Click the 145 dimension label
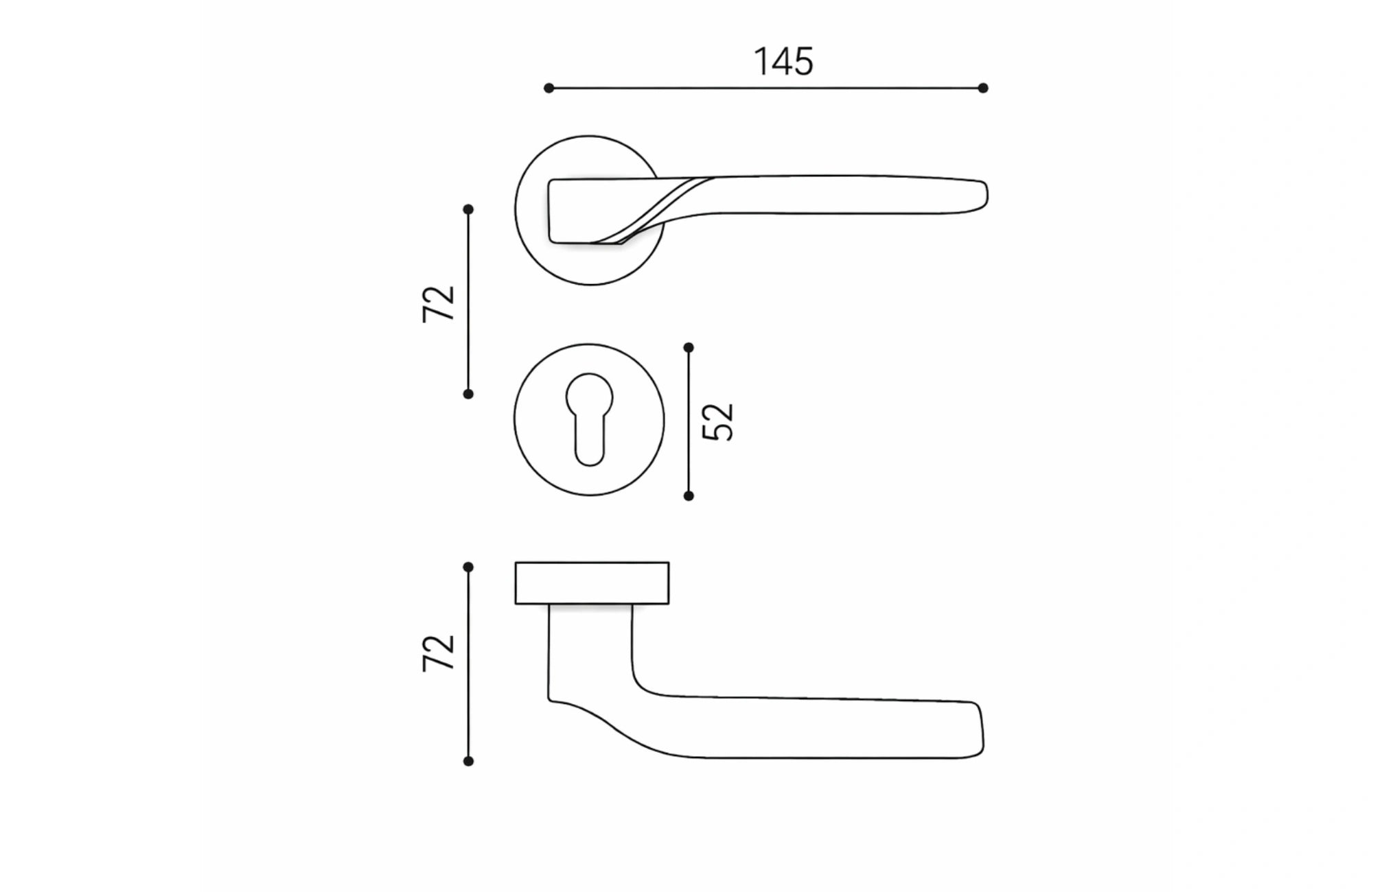click(x=783, y=62)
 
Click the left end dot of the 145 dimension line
click(x=549, y=88)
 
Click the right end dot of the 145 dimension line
click(x=983, y=88)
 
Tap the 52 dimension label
click(x=719, y=421)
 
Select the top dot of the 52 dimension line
click(x=689, y=348)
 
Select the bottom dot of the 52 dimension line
click(x=689, y=495)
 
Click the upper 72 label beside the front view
click(x=439, y=303)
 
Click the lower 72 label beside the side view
click(x=439, y=653)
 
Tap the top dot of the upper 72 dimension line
click(x=468, y=209)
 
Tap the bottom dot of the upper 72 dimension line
click(x=468, y=394)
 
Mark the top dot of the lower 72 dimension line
click(x=468, y=567)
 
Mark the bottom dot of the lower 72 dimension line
click(x=468, y=761)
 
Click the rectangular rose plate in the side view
click(x=592, y=583)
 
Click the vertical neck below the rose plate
click(x=590, y=645)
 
